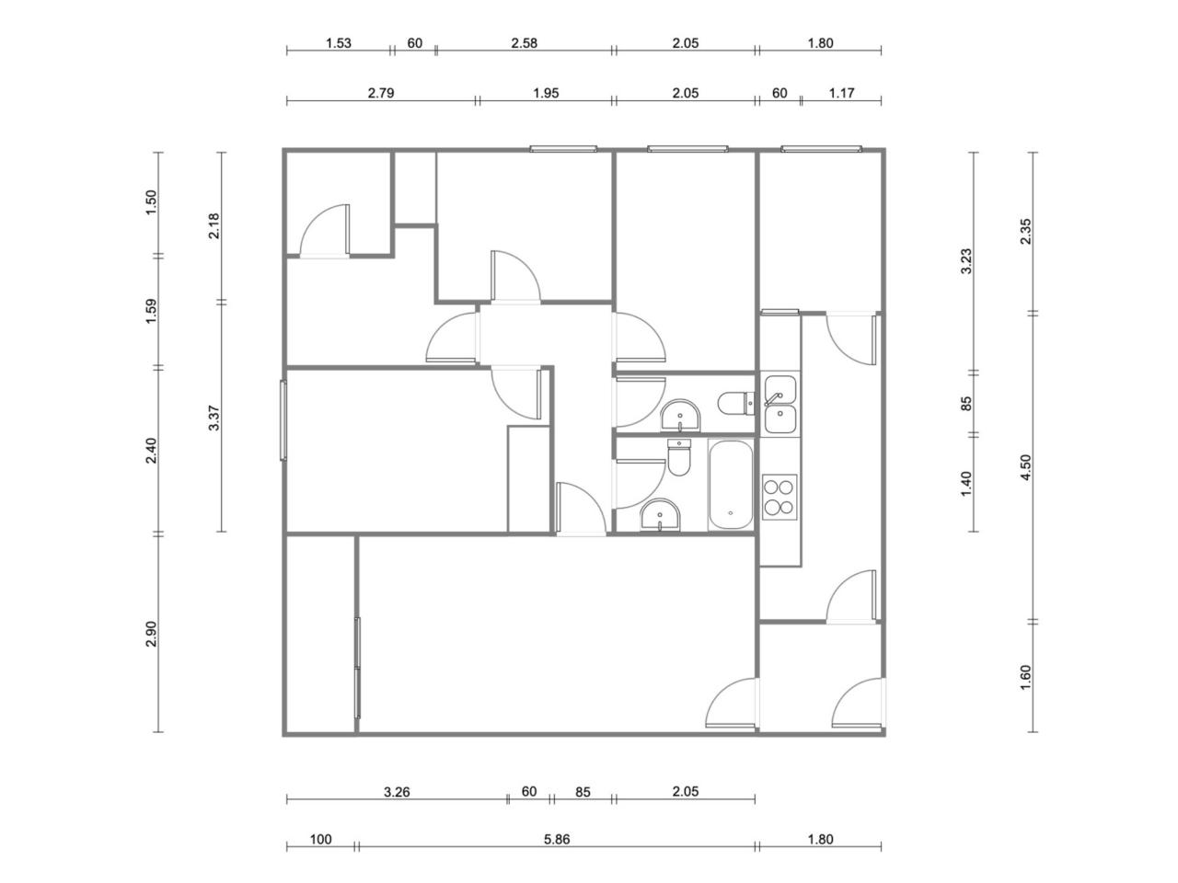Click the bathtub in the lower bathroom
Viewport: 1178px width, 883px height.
point(730,486)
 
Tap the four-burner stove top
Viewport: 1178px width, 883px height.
point(780,497)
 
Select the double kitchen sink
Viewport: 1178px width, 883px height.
point(780,404)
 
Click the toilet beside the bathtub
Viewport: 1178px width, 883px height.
point(678,457)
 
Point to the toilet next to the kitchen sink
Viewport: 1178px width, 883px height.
point(735,404)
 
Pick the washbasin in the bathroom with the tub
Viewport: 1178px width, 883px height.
point(660,515)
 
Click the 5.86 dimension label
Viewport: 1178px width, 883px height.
point(557,839)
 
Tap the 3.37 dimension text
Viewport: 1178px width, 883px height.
point(214,418)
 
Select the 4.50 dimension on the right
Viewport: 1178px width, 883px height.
point(1025,467)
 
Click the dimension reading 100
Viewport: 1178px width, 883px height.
point(321,839)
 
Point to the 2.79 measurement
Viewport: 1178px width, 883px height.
point(380,93)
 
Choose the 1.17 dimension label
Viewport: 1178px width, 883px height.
point(841,93)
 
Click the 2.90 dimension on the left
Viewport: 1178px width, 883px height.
point(151,634)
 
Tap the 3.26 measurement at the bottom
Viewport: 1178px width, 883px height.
point(397,791)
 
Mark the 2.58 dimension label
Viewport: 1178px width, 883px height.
point(524,43)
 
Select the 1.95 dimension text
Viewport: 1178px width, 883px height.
point(546,93)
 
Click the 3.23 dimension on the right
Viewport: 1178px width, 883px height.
point(966,261)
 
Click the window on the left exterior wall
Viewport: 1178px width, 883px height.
point(283,419)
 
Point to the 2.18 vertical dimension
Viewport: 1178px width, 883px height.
point(214,225)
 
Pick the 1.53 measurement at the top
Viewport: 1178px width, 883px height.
point(339,43)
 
